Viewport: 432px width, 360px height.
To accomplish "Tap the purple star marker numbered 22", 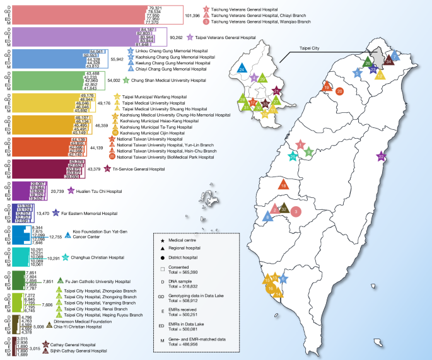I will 380,156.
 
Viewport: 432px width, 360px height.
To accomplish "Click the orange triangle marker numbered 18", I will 284,185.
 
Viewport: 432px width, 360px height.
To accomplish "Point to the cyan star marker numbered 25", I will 293,156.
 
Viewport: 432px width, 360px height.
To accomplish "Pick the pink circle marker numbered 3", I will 296,212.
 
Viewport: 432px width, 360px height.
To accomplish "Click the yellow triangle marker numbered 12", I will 379,74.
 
